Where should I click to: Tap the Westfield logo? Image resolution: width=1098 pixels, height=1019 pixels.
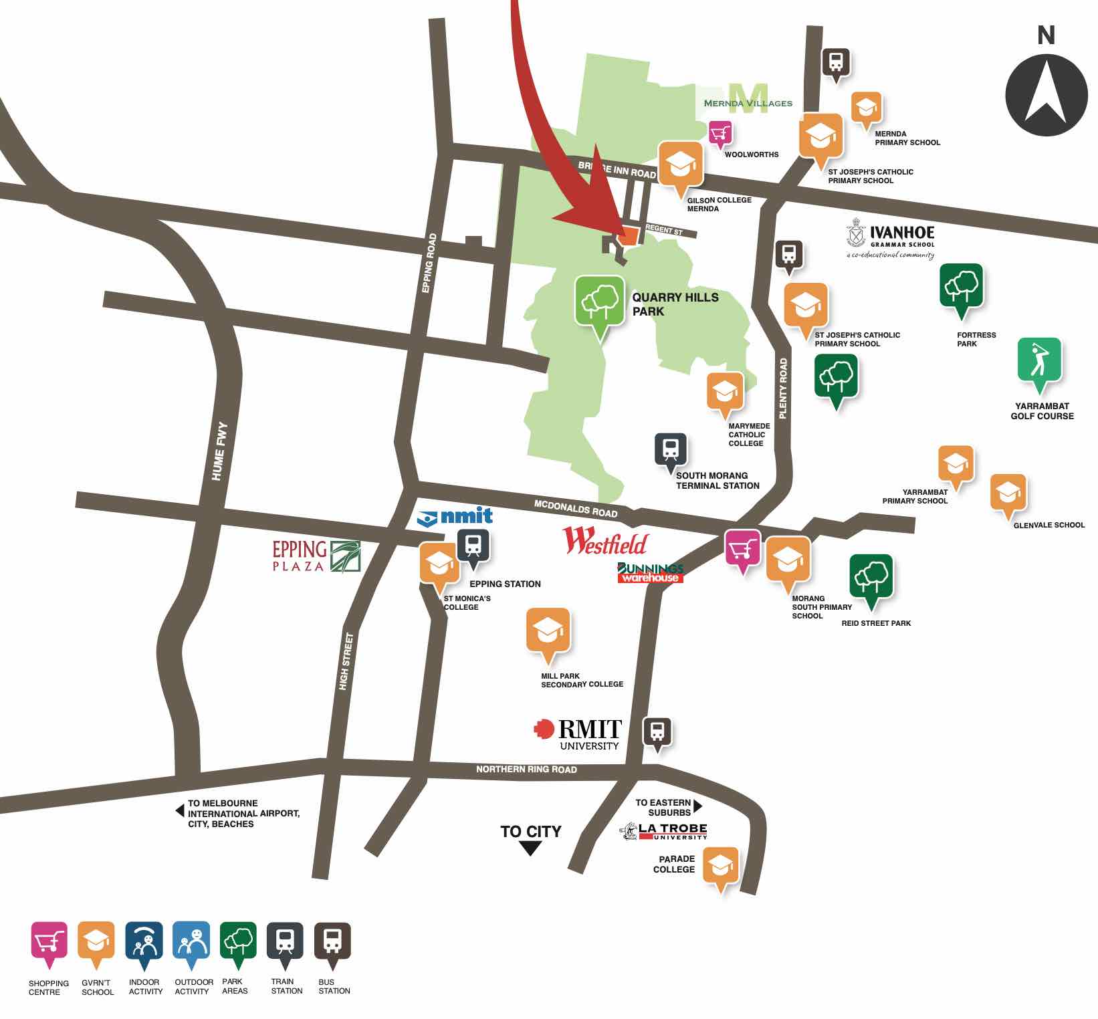pos(605,542)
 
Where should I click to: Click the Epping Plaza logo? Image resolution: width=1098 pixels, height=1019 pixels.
pos(316,556)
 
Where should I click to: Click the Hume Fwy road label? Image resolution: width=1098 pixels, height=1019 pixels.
pos(219,451)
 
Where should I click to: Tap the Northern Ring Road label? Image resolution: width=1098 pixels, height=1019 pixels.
pos(526,770)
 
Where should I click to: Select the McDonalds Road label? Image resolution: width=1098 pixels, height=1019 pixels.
pos(575,509)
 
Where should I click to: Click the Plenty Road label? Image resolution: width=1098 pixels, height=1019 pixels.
pos(783,388)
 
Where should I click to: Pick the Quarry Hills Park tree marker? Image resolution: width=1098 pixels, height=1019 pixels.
pos(600,302)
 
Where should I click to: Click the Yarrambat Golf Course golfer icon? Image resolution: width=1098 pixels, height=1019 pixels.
pos(1039,360)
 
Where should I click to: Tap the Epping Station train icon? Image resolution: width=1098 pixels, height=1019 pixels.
pos(473,546)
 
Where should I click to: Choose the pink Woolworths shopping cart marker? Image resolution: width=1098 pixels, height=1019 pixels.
pos(720,134)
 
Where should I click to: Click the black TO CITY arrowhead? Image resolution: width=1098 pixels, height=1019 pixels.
pos(530,848)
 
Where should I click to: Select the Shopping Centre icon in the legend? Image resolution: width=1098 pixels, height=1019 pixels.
pos(49,941)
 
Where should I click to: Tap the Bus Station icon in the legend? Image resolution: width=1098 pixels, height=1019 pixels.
pos(332,941)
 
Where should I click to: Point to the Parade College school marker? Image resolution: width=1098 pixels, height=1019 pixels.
pos(721,866)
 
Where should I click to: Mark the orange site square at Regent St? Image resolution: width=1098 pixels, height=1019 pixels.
pos(629,237)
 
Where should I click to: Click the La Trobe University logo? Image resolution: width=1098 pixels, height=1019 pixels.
pos(663,831)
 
